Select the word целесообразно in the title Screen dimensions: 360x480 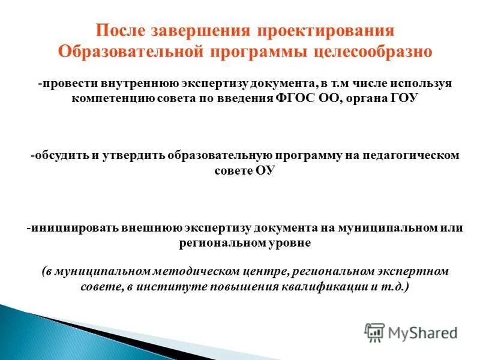click(373, 51)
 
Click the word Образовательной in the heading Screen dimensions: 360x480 click(128, 51)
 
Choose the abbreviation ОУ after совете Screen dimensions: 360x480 click(265, 170)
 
